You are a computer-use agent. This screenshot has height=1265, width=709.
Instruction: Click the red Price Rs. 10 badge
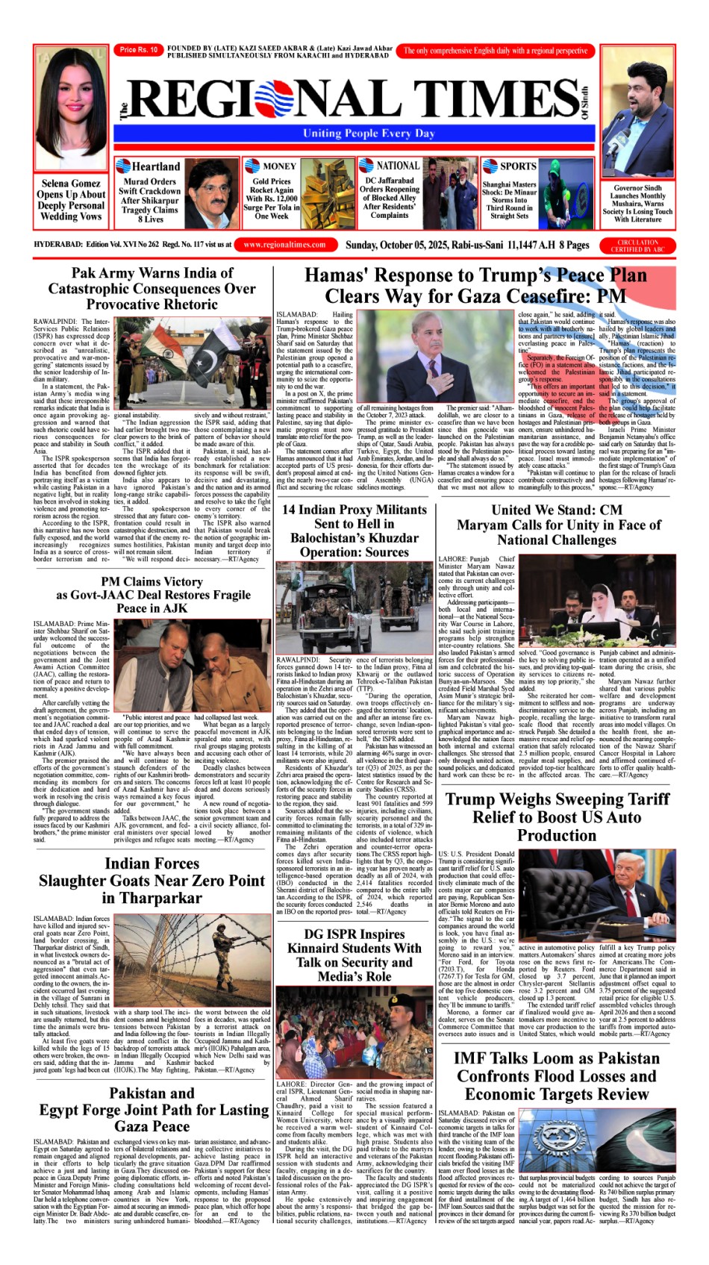click(x=139, y=50)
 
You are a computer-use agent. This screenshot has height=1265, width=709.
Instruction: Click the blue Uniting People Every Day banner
click(x=358, y=133)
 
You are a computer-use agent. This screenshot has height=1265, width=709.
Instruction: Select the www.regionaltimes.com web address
click(x=284, y=245)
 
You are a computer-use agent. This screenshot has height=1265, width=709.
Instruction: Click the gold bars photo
click(x=326, y=196)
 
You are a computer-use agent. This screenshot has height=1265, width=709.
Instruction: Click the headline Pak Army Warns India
click(x=152, y=289)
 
